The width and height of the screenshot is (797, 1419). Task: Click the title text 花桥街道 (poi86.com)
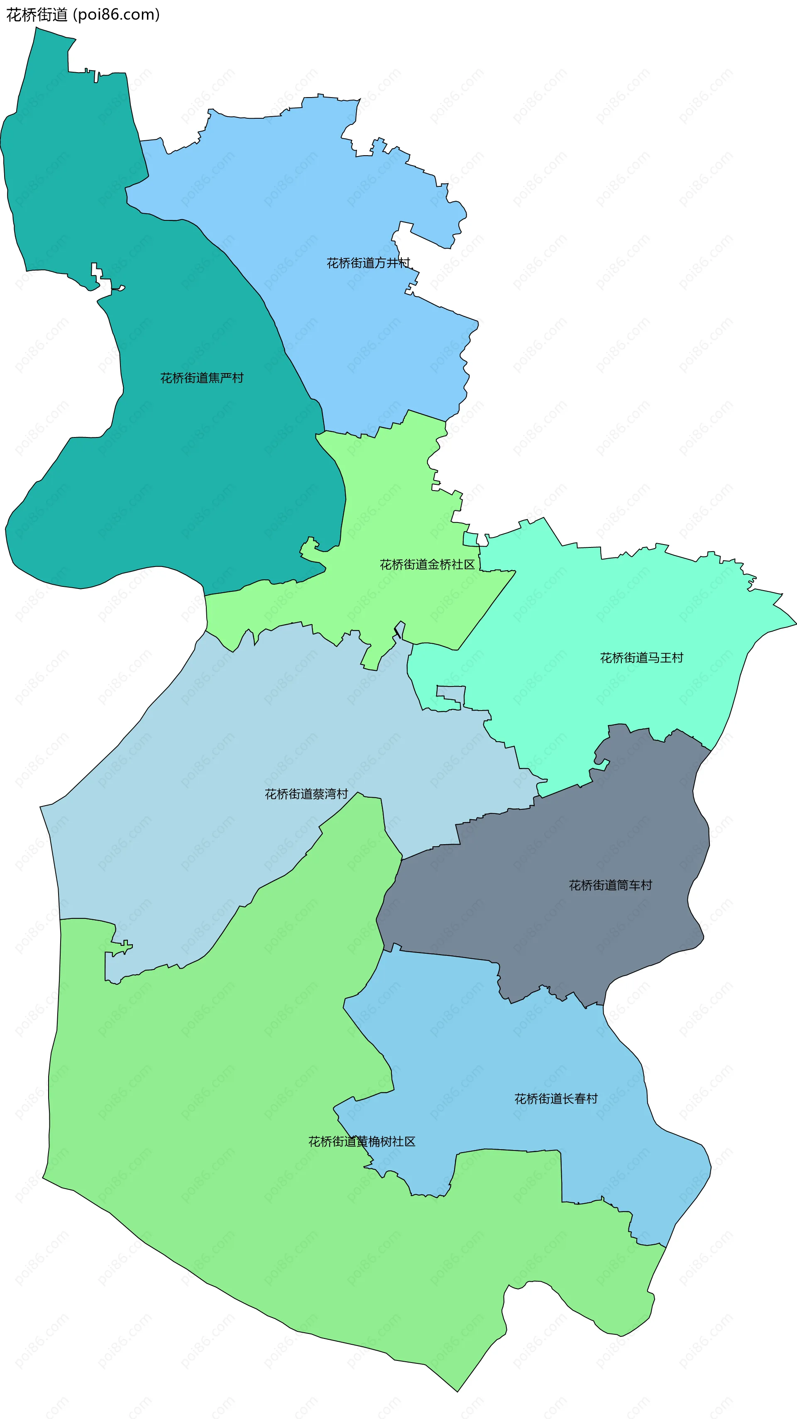(x=83, y=15)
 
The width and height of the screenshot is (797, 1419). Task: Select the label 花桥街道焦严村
(x=202, y=378)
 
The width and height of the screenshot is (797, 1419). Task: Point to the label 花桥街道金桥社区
(x=427, y=564)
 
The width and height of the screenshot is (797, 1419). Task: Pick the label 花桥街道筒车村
(x=610, y=885)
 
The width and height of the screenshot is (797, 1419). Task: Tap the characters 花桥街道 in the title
(x=37, y=15)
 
